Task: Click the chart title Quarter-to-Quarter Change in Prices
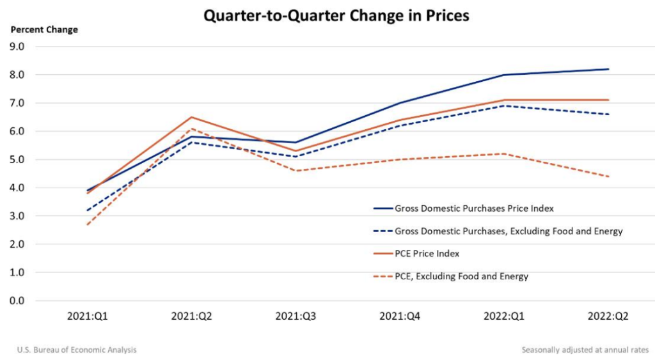tap(336, 15)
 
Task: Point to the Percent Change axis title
tap(44, 30)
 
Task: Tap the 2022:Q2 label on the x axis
tap(608, 316)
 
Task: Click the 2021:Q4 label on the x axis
tap(399, 316)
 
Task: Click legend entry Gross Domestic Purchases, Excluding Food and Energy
tap(509, 231)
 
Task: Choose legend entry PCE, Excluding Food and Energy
tap(461, 276)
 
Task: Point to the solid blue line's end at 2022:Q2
tap(608, 69)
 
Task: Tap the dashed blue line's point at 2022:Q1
tap(504, 106)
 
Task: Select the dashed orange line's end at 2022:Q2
tap(608, 176)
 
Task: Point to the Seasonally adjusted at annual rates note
tap(585, 350)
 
